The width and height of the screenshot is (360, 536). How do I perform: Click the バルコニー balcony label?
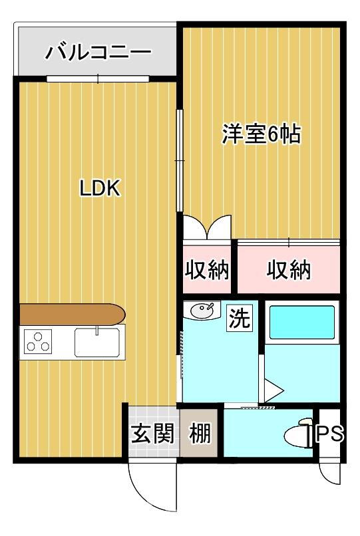(98, 53)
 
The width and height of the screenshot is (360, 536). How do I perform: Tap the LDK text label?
(100, 188)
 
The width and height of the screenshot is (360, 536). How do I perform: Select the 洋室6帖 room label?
(262, 134)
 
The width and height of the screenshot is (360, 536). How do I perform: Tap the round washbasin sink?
(202, 311)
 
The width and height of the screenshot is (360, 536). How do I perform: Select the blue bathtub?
(302, 323)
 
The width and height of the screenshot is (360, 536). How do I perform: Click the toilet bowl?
(298, 434)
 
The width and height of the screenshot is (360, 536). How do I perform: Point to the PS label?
(329, 434)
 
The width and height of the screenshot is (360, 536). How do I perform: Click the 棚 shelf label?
(200, 433)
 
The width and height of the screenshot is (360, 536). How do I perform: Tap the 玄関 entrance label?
(153, 433)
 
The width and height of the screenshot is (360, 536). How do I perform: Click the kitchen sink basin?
(97, 342)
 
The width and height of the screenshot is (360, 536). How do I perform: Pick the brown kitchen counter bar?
(73, 314)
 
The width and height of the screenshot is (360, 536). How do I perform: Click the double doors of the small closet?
(207, 227)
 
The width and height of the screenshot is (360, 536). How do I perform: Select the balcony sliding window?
(98, 78)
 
